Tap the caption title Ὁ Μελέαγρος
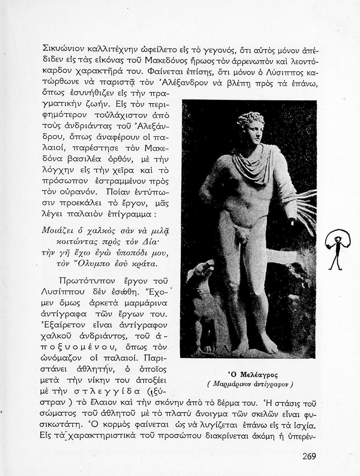(x=253, y=375)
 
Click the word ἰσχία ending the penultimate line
(x=306, y=426)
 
